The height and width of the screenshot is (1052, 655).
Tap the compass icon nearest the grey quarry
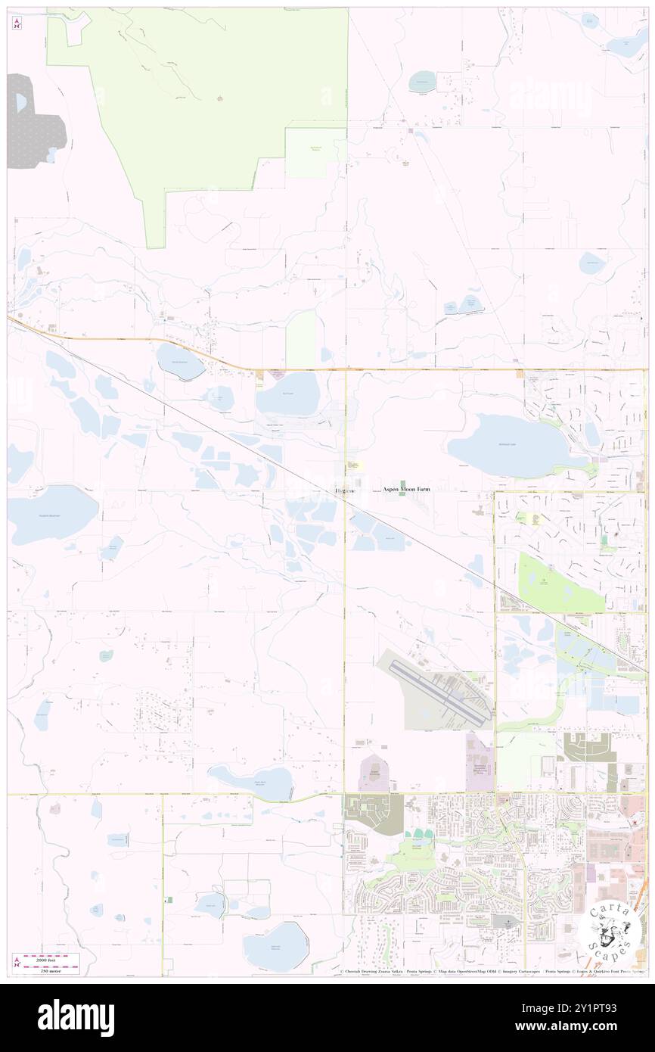[x=17, y=24]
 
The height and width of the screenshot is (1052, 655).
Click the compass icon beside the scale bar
[x=17, y=960]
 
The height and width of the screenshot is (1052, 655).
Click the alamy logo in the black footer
[x=76, y=1017]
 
